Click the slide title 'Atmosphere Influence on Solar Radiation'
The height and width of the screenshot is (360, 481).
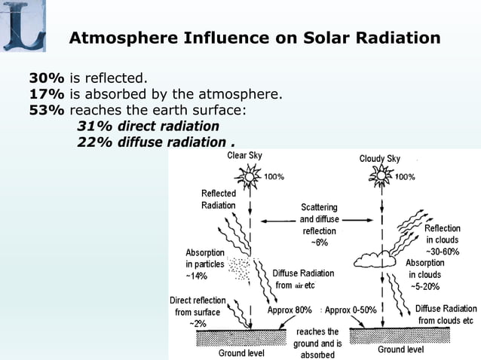point(255,38)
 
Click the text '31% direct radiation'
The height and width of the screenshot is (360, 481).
point(148,126)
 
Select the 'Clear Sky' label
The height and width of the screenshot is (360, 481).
point(245,157)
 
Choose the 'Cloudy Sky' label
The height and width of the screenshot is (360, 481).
point(380,159)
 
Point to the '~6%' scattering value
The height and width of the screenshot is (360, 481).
point(320,243)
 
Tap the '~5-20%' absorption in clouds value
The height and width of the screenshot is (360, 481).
point(425,287)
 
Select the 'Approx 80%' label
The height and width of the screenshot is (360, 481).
point(290,310)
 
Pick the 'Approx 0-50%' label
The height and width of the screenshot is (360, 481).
point(351,310)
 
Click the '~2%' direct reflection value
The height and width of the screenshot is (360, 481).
point(198,323)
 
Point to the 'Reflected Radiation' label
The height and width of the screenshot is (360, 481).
point(219,200)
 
